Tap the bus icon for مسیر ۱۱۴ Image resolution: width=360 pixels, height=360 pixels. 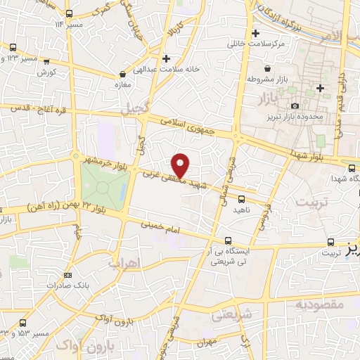coord(68,13)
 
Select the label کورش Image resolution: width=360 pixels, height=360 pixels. coord(47,72)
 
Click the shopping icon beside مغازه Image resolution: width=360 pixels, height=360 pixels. coord(123,73)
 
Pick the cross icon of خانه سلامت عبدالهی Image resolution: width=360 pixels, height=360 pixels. coord(166,58)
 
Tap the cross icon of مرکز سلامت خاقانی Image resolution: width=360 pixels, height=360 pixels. coord(256,33)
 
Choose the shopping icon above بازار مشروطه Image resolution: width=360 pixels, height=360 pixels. coord(268,69)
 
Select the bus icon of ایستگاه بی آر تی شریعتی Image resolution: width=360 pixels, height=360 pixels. coord(227,241)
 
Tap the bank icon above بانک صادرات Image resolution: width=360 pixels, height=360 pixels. coord(68,275)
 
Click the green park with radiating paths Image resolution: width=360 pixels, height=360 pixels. coord(104,187)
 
